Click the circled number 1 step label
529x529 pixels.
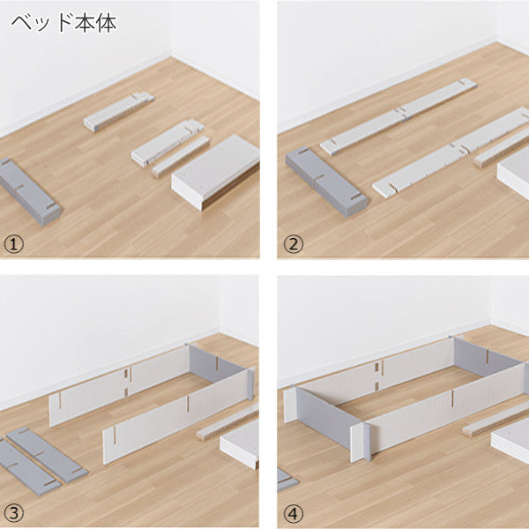point(14,244)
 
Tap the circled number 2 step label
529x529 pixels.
point(294,244)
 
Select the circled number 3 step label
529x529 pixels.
point(14,513)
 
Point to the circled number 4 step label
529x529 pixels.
point(294,513)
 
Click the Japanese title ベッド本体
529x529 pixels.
point(64,23)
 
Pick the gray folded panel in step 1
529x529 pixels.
point(30,191)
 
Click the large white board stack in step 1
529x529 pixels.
point(216,171)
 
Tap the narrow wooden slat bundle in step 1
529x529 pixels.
point(181,157)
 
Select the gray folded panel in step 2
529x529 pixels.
point(326,181)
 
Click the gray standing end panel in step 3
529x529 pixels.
point(220,369)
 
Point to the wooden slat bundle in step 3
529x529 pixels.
point(227,421)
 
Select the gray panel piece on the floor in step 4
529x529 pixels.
point(287,479)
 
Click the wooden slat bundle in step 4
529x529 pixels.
point(495,420)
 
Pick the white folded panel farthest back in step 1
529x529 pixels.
point(119,111)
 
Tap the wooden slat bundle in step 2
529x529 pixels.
point(502,149)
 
